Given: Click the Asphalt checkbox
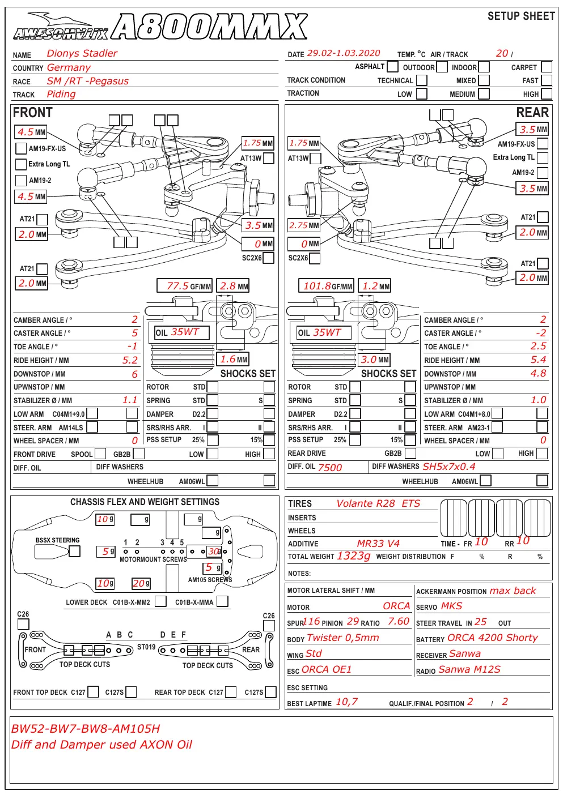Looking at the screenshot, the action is click(392, 66).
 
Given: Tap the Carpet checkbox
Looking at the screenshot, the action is click(547, 67).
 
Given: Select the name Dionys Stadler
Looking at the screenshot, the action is click(82, 53).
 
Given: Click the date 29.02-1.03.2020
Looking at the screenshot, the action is click(344, 53).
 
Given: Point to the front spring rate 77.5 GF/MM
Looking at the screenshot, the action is click(184, 286).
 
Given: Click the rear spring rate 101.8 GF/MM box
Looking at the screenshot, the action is click(326, 286).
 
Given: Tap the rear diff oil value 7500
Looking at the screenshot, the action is click(330, 468).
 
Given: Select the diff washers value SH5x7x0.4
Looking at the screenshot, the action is click(449, 467).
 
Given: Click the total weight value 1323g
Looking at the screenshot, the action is click(354, 556).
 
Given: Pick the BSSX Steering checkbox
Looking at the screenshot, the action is click(74, 551).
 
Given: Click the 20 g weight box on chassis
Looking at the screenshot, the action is click(141, 583).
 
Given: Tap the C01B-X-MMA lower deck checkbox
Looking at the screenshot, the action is click(222, 601).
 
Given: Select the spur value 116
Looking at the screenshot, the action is click(312, 622).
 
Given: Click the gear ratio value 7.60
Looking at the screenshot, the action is click(399, 622).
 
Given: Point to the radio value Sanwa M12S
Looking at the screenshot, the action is click(469, 669).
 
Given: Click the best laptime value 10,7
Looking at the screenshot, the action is click(347, 702).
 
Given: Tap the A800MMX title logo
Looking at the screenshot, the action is click(209, 26).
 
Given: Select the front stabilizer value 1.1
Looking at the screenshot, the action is click(130, 400).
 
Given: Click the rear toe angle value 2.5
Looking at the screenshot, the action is click(538, 346).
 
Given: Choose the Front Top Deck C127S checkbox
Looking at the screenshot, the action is click(131, 692).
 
